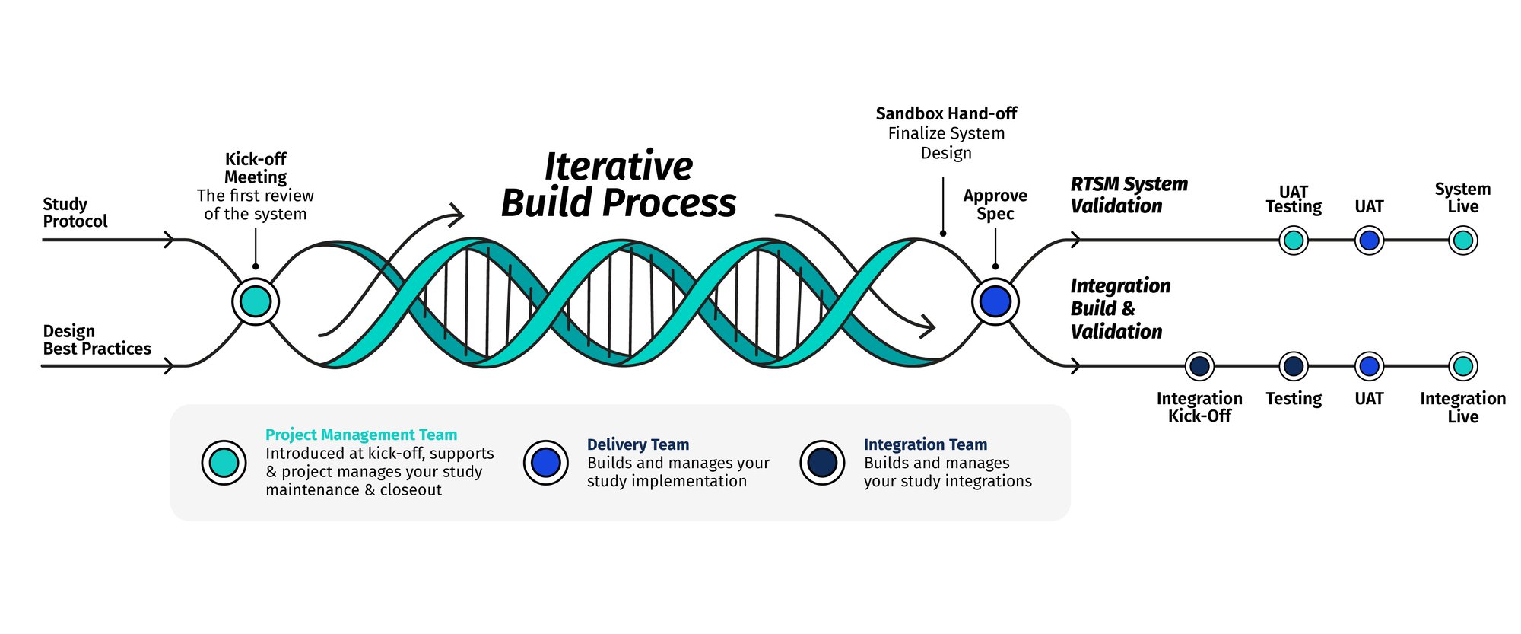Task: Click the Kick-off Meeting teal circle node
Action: tap(256, 302)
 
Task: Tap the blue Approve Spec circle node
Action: tap(995, 301)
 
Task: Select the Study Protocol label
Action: tap(75, 213)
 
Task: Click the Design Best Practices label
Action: tap(97, 340)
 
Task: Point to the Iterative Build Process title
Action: tap(618, 185)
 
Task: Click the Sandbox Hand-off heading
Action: tap(946, 114)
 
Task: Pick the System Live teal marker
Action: tap(1462, 241)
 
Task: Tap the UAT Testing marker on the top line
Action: tap(1293, 241)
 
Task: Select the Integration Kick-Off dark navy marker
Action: tap(1199, 366)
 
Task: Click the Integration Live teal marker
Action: tap(1462, 366)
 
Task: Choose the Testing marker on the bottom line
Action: tap(1293, 366)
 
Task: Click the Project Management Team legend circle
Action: tap(224, 462)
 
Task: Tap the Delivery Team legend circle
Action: tap(545, 462)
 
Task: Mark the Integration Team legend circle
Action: tap(822, 462)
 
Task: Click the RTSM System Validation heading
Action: tap(1129, 195)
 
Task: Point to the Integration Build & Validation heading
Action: tap(1119, 308)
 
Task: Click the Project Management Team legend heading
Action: tap(361, 435)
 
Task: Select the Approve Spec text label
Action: tap(995, 205)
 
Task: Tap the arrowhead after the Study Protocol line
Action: tap(170, 241)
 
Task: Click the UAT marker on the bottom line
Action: tap(1369, 366)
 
